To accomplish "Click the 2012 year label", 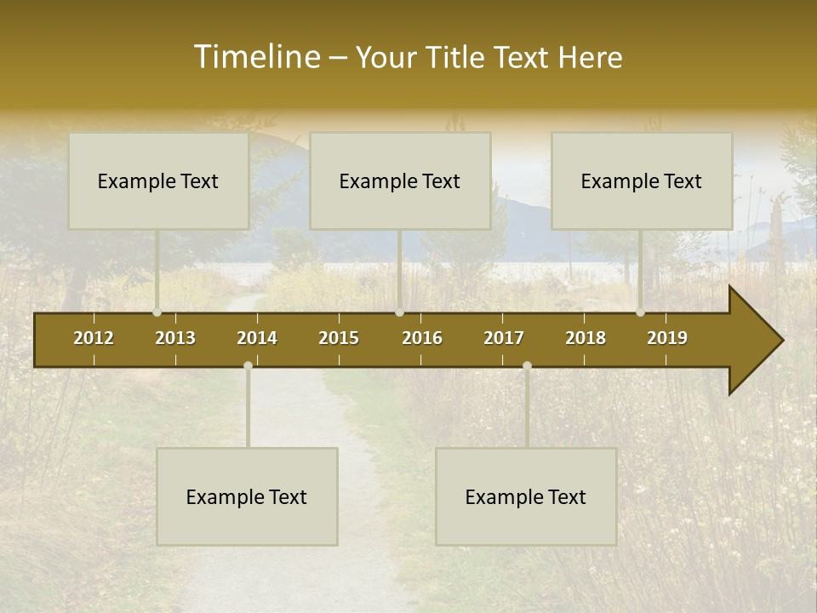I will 94,338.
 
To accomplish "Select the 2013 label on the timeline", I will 175,338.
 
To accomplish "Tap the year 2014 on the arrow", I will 257,338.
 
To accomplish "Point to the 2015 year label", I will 339,338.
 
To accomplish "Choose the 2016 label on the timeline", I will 422,338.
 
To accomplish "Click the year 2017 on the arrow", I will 504,338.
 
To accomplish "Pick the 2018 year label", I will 586,338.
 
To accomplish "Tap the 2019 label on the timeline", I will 667,338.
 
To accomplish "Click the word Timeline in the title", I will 254,57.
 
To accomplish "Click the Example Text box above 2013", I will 158,180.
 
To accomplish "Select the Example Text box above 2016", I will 400,180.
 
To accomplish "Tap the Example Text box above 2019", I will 642,180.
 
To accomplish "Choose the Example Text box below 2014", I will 247,496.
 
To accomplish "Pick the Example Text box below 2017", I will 526,496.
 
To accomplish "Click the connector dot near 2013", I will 157,312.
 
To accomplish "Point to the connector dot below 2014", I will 248,365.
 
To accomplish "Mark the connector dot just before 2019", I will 641,312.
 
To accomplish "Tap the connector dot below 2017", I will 527,365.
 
